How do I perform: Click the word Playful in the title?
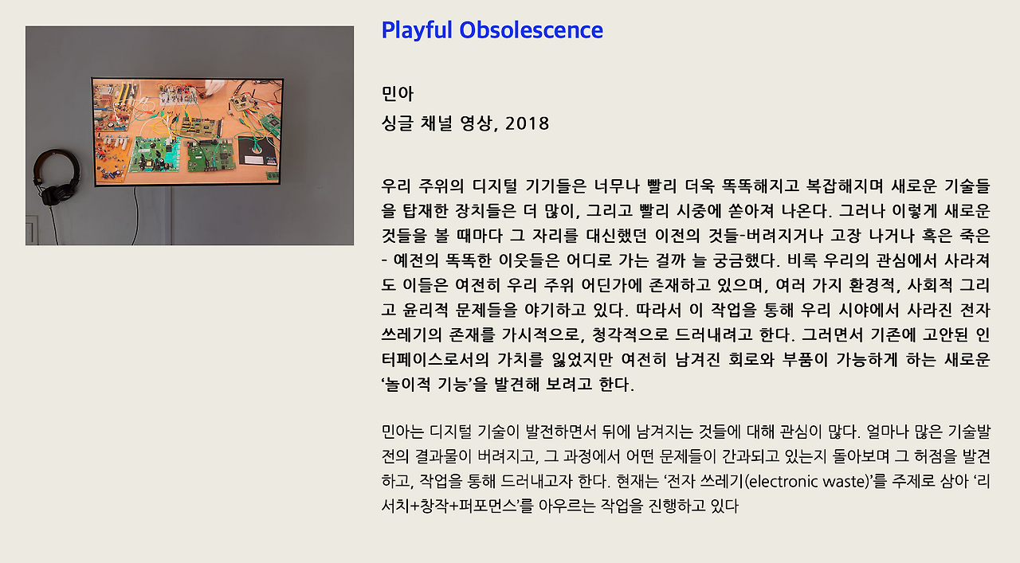click(416, 31)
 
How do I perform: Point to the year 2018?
click(528, 123)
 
